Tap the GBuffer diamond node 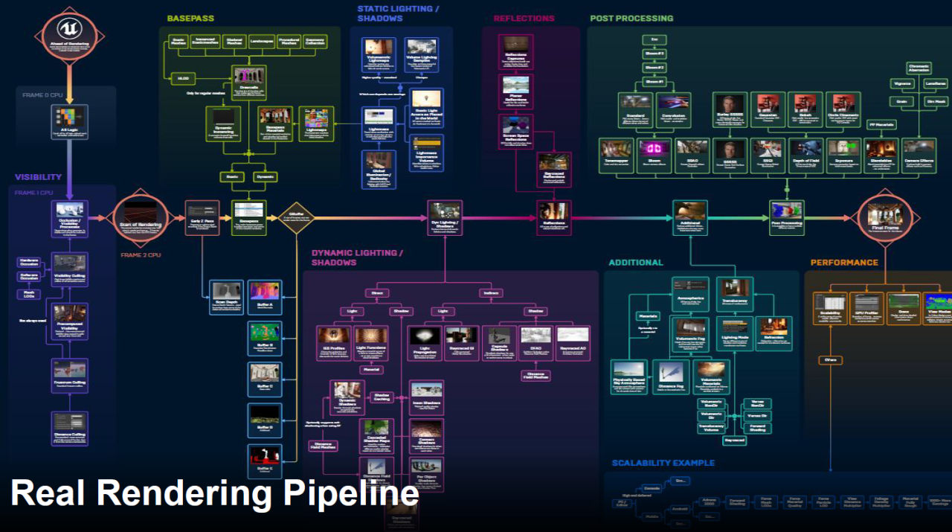point(295,217)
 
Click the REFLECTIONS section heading point(524,18)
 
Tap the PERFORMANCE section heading point(844,262)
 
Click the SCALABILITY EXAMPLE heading point(663,463)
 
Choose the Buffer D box point(265,420)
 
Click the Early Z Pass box point(202,217)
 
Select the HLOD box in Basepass point(181,77)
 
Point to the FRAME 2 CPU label point(141,255)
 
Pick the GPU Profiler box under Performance point(866,308)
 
